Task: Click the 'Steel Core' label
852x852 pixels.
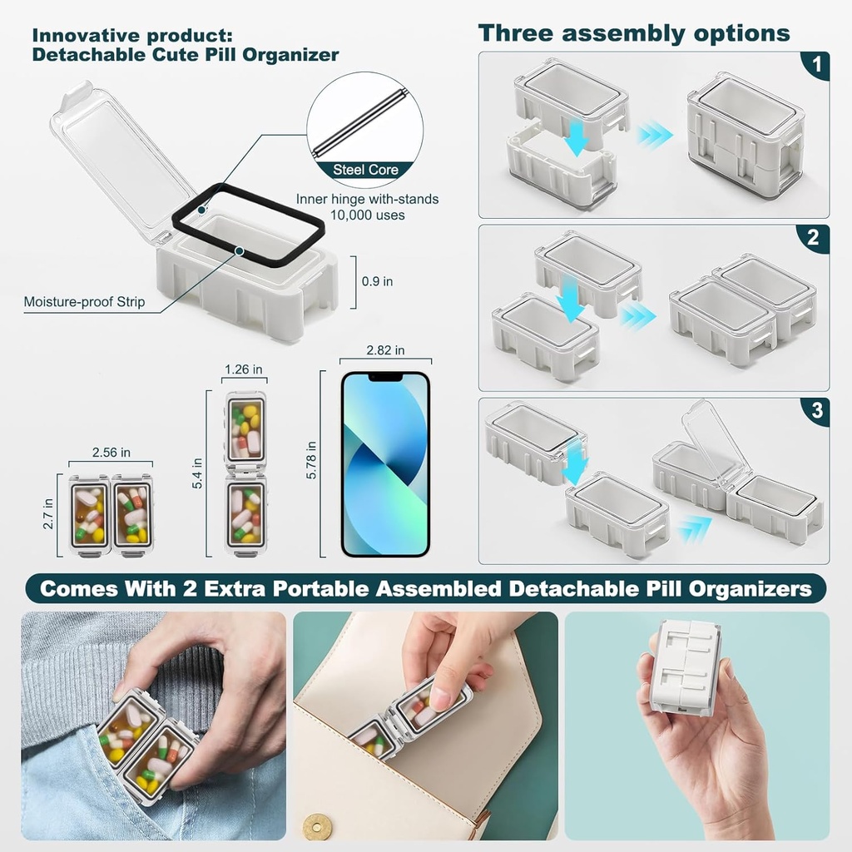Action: [366, 170]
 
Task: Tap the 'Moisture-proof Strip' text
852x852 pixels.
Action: [84, 302]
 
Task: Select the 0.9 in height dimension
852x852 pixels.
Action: [377, 281]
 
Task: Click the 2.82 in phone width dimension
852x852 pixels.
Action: [385, 349]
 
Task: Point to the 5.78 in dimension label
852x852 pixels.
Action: [310, 458]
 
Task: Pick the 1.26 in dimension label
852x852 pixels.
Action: [245, 369]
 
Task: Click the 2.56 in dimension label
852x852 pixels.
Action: [111, 453]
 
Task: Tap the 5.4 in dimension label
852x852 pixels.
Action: [197, 473]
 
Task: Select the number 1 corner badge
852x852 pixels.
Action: [815, 65]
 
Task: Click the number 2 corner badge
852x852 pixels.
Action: [815, 238]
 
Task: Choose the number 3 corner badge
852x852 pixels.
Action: [815, 410]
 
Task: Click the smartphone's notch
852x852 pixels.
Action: [385, 377]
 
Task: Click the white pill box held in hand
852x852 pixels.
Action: [684, 666]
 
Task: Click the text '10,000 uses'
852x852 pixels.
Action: [367, 215]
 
